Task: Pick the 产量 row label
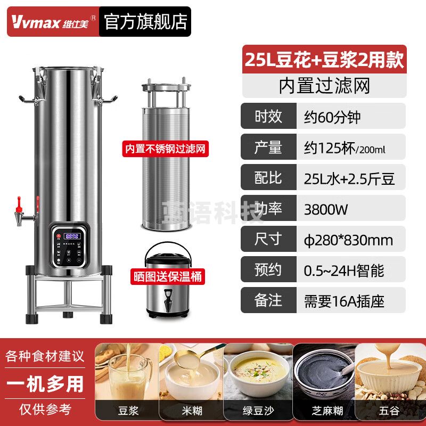[x=268, y=147]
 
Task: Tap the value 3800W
[x=326, y=209]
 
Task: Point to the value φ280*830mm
[x=349, y=240]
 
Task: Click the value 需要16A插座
[x=344, y=301]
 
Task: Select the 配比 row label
[x=268, y=178]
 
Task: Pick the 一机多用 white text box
[x=45, y=383]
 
